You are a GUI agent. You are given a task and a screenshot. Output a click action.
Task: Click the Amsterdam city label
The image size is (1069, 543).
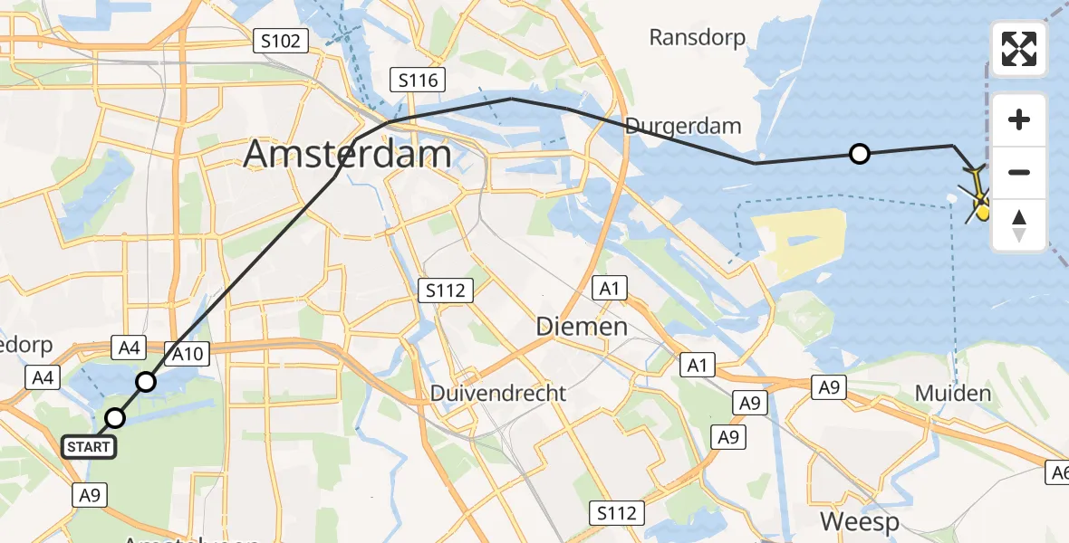click(347, 154)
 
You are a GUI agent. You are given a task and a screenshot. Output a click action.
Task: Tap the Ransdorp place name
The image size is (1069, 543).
click(698, 37)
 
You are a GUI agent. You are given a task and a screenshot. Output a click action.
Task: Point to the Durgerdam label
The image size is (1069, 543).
click(684, 126)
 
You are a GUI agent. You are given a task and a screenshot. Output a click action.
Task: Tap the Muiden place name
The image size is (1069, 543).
click(953, 394)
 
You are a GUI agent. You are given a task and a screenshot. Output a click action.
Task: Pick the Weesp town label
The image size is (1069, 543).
click(860, 522)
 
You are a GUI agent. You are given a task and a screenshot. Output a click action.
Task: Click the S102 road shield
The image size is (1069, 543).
click(281, 40)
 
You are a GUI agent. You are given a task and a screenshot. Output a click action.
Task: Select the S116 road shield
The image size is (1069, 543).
click(419, 81)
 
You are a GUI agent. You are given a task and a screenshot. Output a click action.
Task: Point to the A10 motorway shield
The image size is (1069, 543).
click(188, 353)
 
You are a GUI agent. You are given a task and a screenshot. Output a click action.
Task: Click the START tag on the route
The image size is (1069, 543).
click(89, 446)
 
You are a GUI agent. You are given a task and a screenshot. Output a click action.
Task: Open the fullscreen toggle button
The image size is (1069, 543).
click(1019, 49)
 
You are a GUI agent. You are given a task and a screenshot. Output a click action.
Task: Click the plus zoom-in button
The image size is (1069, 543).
click(1019, 119)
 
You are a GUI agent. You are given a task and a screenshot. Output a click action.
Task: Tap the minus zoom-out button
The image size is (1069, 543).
click(1019, 172)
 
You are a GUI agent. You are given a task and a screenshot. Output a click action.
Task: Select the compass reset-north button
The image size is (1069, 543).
click(1019, 224)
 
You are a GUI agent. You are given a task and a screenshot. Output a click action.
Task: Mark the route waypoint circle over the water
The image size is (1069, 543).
click(860, 154)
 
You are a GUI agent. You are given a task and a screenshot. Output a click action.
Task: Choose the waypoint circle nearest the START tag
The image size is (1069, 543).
click(115, 418)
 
